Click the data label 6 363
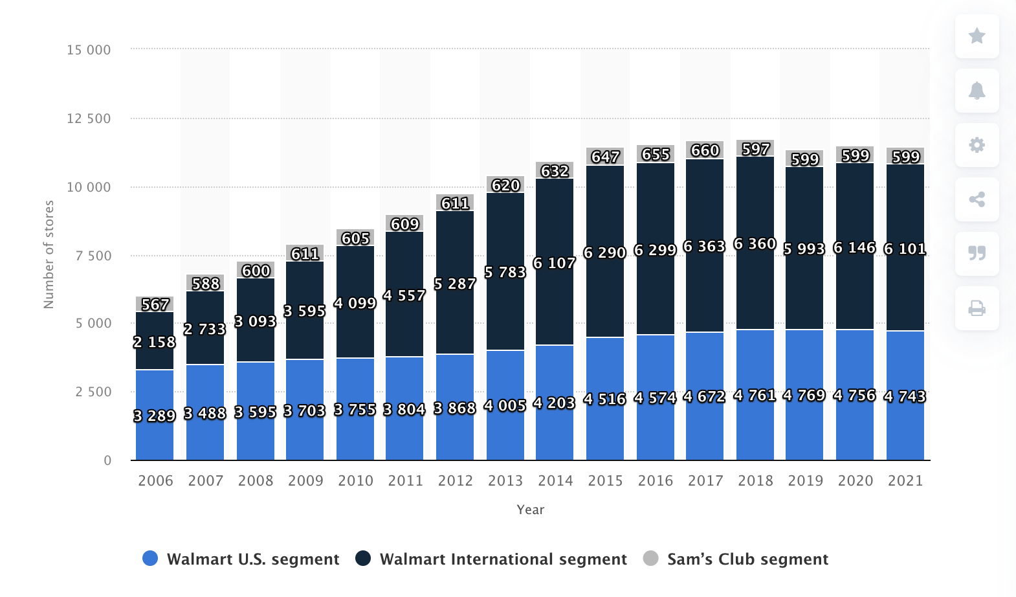coord(704,247)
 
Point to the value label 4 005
coord(505,406)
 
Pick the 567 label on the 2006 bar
coord(155,304)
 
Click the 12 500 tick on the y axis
coord(89,118)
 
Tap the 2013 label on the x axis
coord(505,480)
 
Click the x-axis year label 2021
coord(905,480)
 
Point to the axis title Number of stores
coord(49,254)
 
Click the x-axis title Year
coord(530,510)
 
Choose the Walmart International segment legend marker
coord(363,559)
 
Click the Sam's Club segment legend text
coord(747,559)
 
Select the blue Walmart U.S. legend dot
coord(150,559)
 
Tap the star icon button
coord(977,36)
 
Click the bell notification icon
coord(977,91)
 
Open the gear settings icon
coord(977,145)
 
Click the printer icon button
coord(977,308)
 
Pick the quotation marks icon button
coord(977,253)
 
